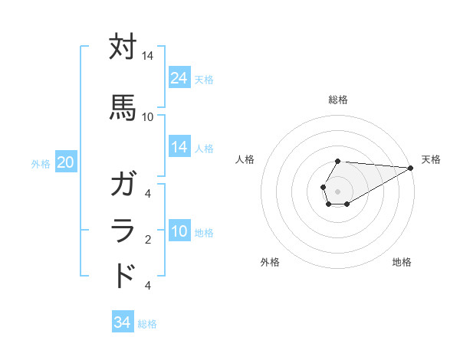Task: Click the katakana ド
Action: click(123, 275)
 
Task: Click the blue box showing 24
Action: click(179, 78)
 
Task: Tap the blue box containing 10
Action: click(179, 231)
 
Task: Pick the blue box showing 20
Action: click(66, 162)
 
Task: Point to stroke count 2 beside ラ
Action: click(147, 241)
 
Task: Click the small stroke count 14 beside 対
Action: click(147, 56)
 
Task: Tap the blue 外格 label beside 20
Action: click(41, 163)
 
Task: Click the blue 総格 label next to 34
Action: click(147, 324)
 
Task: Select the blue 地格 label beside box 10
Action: click(204, 233)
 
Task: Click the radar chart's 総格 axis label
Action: click(338, 100)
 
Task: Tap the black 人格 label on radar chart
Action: click(245, 159)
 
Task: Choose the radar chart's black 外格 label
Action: click(270, 262)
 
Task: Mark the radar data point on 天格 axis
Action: click(411, 168)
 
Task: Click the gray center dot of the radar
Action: click(338, 190)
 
